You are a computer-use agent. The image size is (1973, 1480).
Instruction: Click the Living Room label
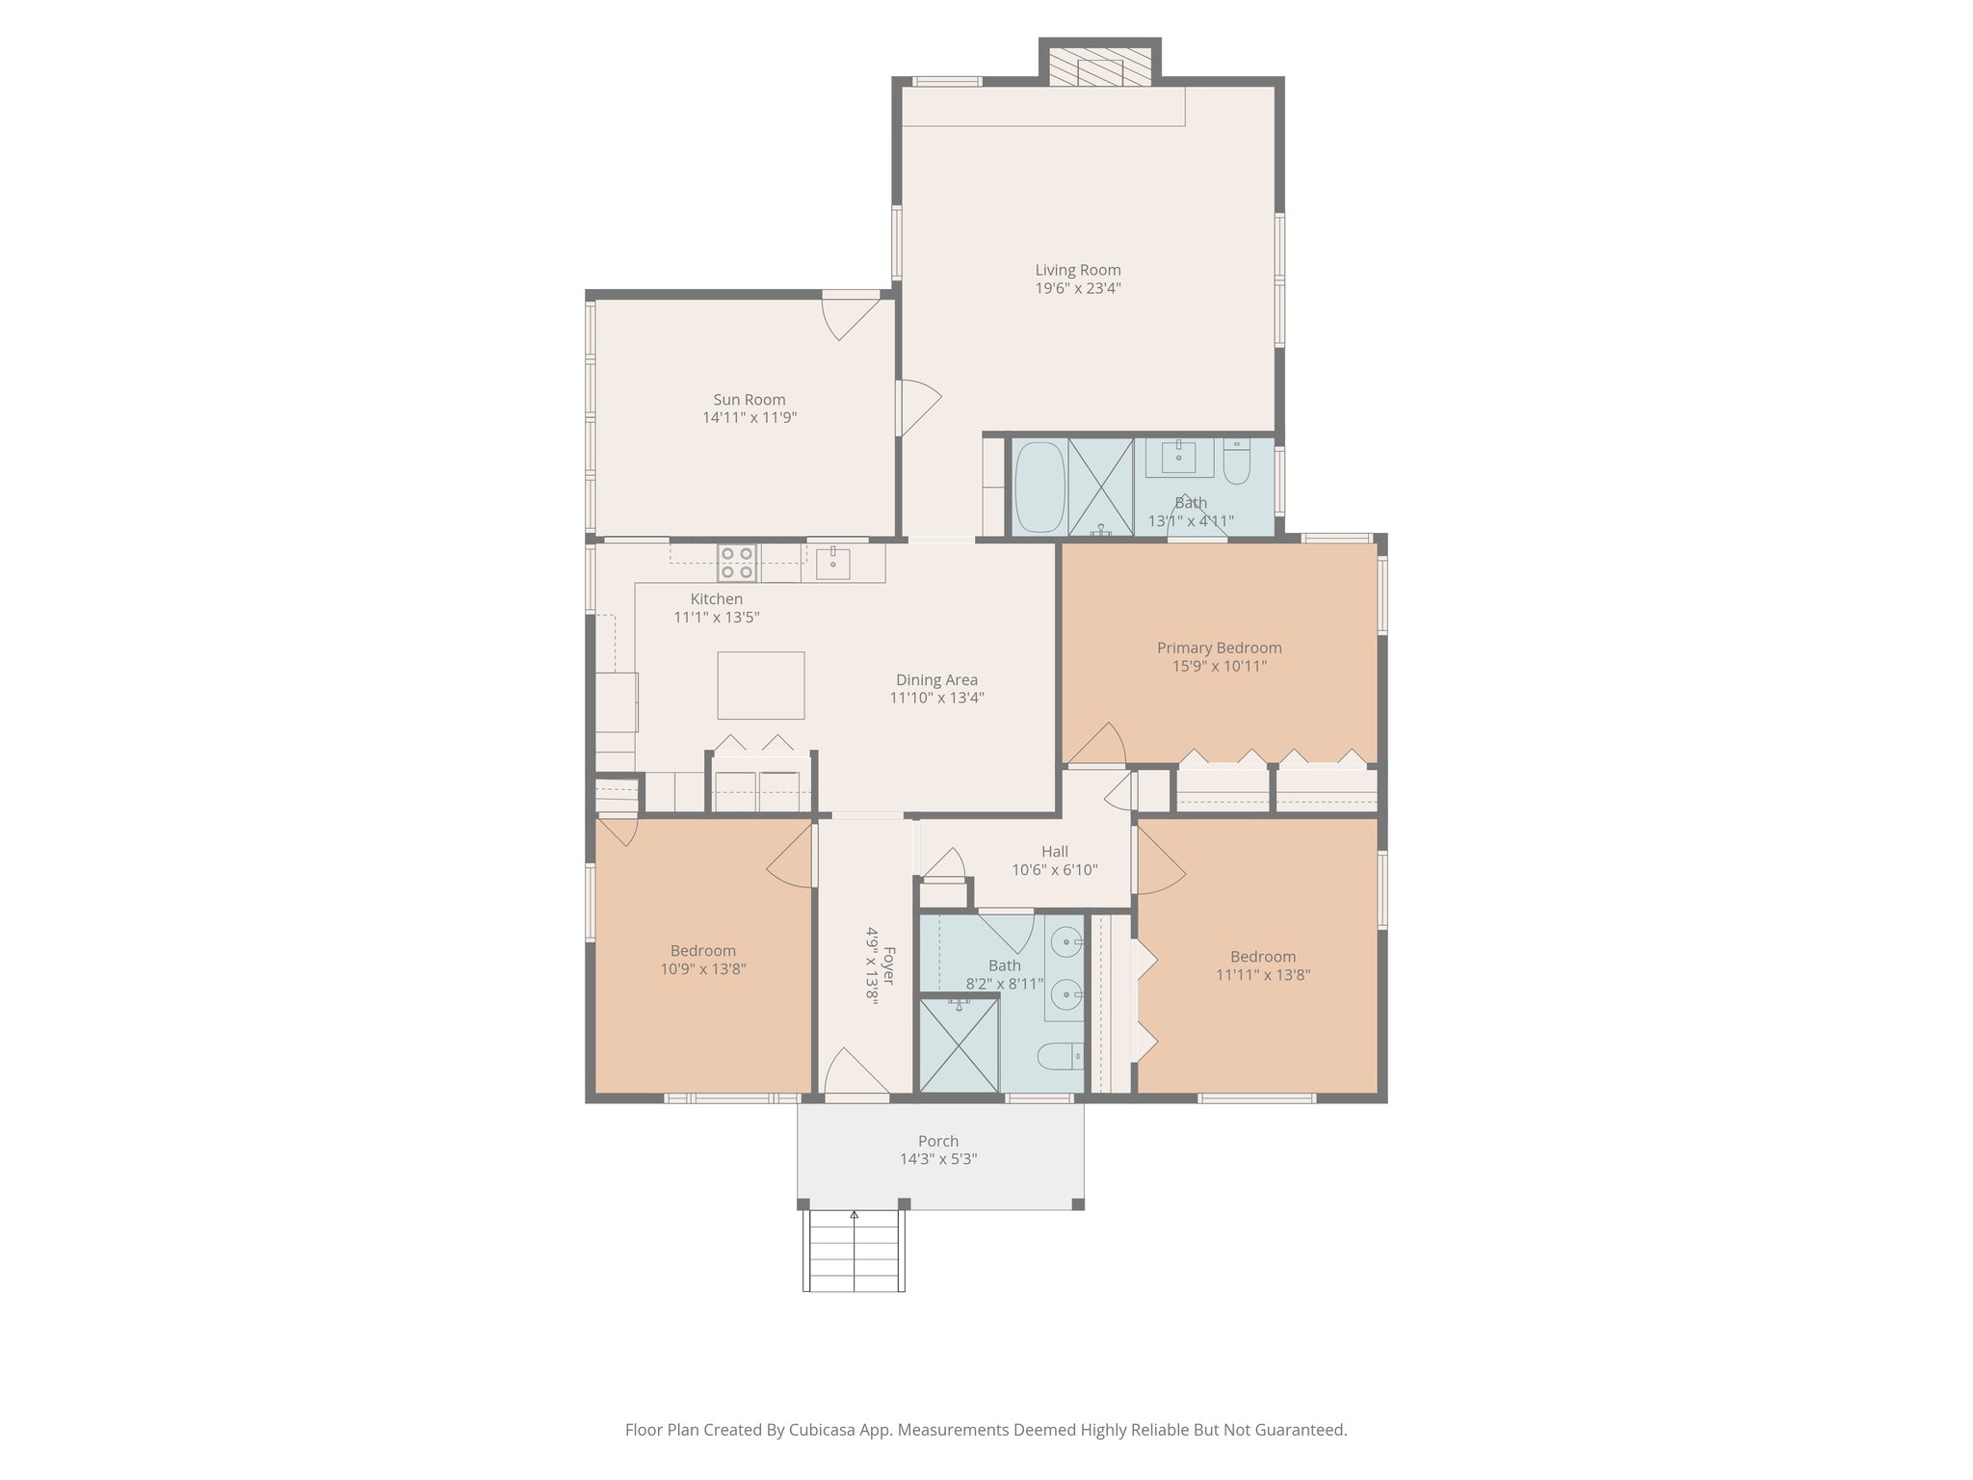(x=1077, y=271)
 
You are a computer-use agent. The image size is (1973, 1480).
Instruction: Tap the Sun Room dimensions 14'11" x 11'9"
(x=750, y=418)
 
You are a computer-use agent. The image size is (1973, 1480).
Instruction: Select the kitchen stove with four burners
(x=737, y=563)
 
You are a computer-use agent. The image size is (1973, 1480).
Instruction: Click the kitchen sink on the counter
(x=832, y=562)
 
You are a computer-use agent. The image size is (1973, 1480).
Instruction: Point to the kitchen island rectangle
(x=760, y=685)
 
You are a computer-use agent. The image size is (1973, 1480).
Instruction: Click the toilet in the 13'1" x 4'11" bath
(x=1236, y=464)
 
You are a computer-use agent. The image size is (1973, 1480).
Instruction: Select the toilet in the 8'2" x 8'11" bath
(x=1061, y=1057)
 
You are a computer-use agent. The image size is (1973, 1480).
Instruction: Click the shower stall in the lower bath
(x=959, y=1045)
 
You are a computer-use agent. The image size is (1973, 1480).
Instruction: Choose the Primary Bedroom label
(x=1219, y=648)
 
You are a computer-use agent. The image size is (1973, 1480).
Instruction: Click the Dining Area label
(x=936, y=680)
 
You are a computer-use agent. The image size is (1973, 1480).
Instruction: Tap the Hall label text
(x=1054, y=852)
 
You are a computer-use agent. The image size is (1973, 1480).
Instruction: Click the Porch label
(x=937, y=1142)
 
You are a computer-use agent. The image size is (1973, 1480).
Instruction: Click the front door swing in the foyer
(x=852, y=1071)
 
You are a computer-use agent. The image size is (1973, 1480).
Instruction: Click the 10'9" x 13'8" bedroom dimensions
(x=702, y=969)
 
